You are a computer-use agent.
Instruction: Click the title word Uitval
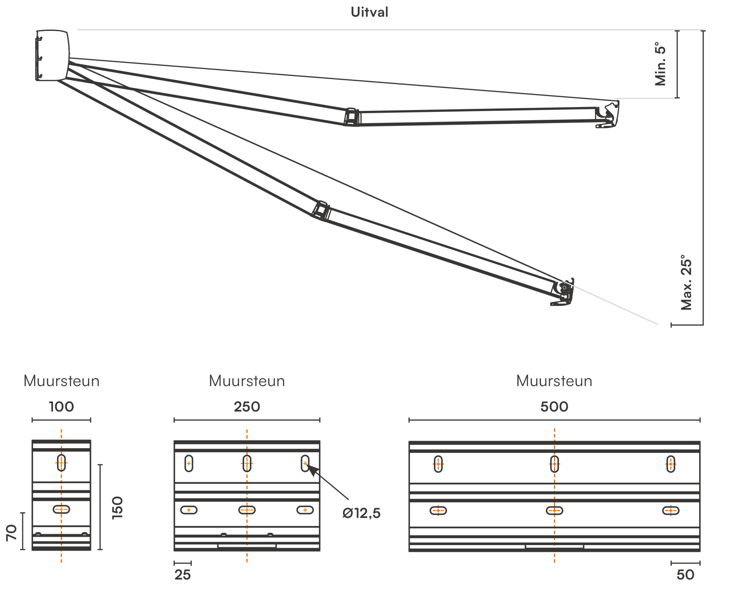[x=369, y=12]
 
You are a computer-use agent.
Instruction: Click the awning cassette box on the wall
[x=52, y=55]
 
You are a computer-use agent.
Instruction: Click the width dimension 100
[x=61, y=407]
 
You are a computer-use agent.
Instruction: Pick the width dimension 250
[x=247, y=407]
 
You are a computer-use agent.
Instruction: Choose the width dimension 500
[x=554, y=407]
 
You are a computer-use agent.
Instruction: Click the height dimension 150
[x=118, y=507]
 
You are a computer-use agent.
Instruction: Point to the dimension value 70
[x=11, y=532]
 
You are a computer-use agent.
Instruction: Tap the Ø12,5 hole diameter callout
[x=361, y=513]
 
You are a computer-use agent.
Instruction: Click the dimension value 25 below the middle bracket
[x=182, y=575]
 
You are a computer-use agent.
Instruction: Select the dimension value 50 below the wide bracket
[x=685, y=575]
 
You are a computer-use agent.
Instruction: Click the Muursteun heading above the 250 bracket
[x=247, y=381]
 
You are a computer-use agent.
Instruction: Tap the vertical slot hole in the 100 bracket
[x=61, y=463]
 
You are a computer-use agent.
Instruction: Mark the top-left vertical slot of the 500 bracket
[x=438, y=464]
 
